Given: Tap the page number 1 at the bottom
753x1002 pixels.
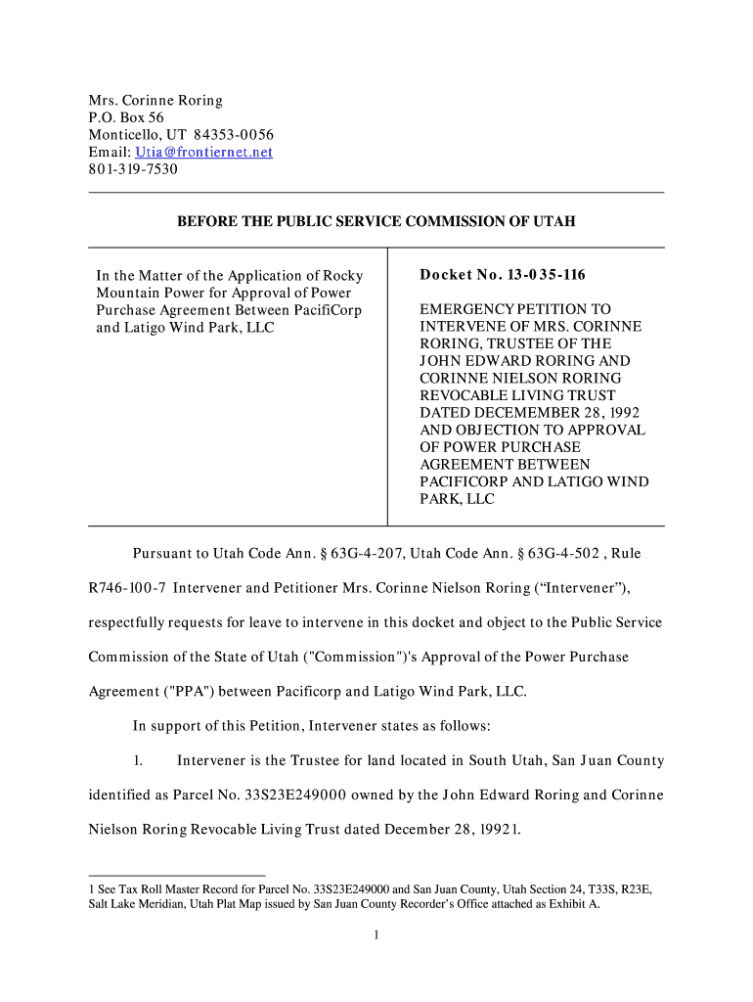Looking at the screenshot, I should (x=376, y=934).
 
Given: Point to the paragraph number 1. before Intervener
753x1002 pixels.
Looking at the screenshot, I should (x=139, y=760).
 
